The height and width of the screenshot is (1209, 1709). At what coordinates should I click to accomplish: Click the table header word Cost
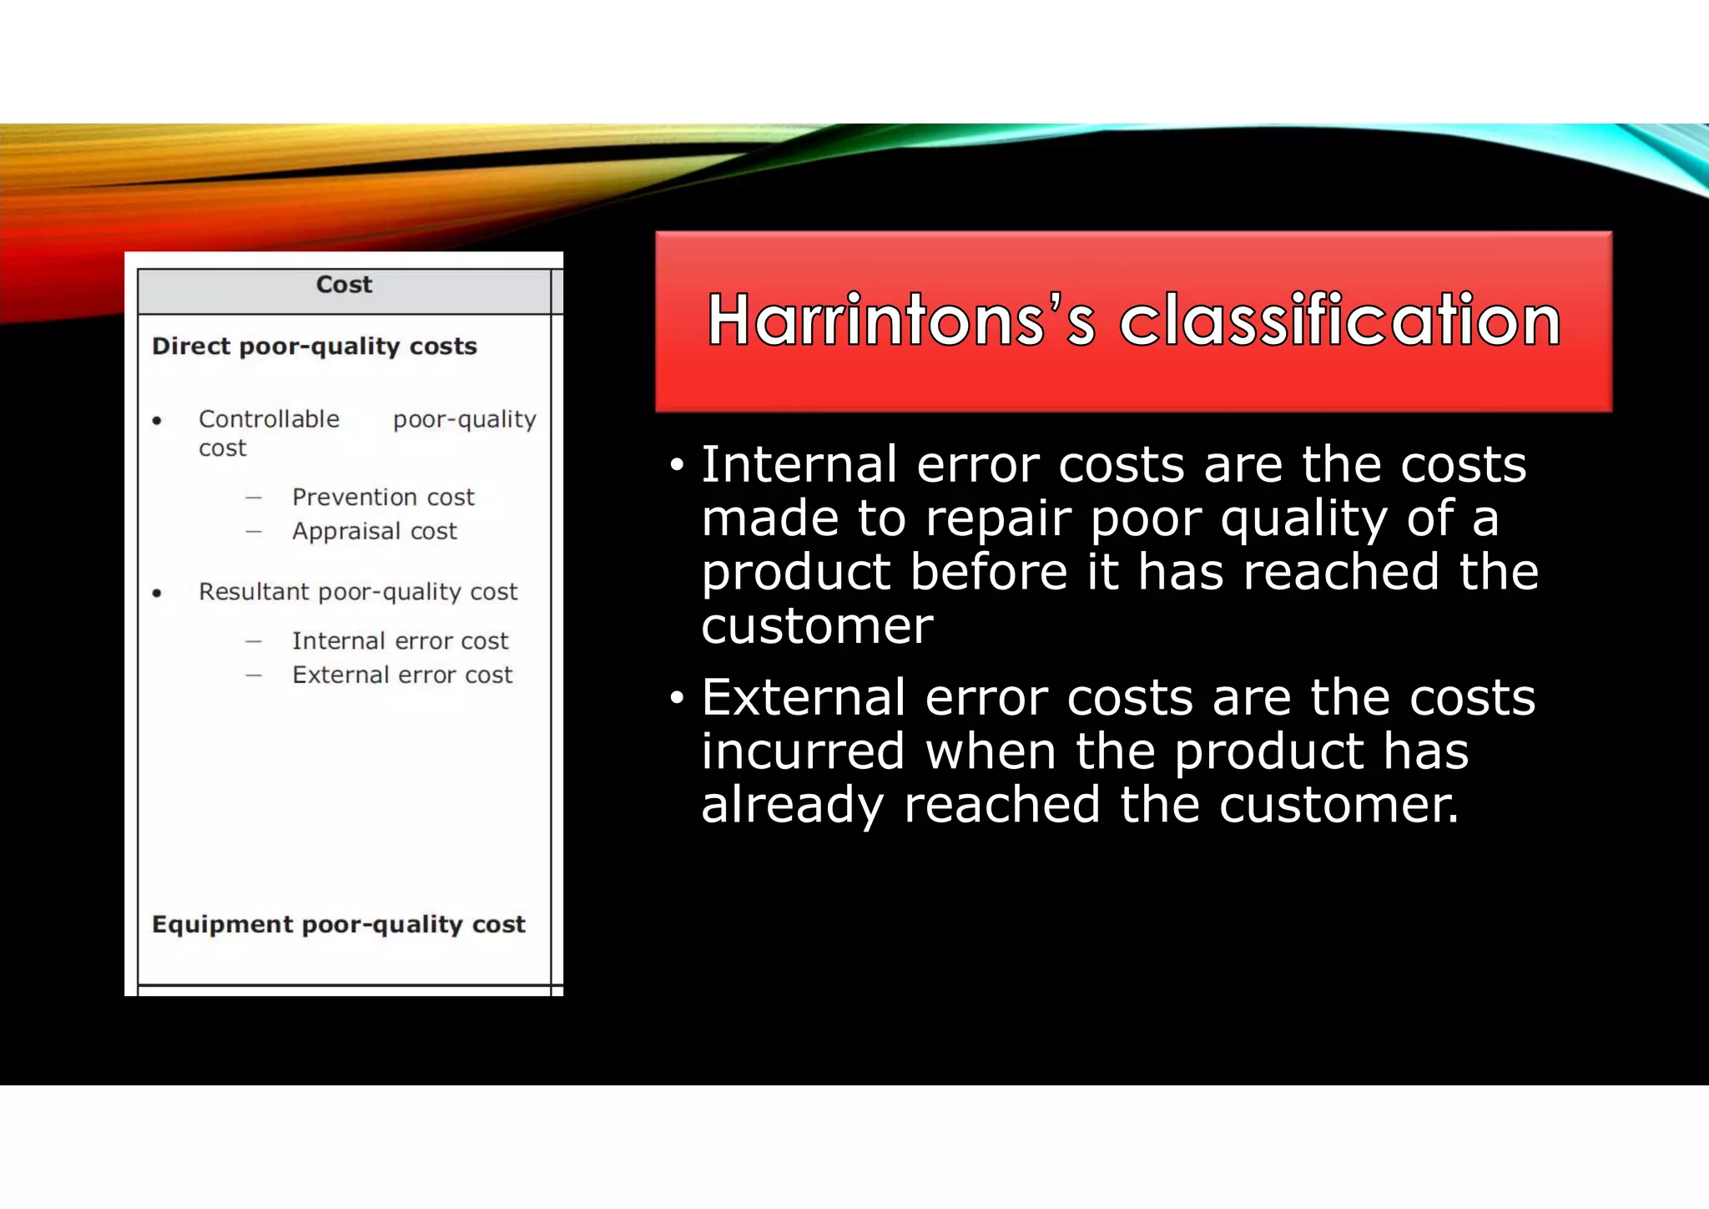[x=344, y=285]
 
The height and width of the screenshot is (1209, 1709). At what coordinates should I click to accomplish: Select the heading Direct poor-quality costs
[x=315, y=347]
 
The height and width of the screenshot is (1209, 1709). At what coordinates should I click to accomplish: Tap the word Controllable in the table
[x=269, y=419]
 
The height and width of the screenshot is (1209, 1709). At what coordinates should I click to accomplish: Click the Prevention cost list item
[x=383, y=498]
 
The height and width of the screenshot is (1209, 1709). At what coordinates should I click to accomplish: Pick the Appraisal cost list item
[x=375, y=532]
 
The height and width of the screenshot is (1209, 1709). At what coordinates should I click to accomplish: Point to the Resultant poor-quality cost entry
[x=358, y=592]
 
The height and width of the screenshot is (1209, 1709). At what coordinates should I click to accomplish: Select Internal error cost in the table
[x=400, y=641]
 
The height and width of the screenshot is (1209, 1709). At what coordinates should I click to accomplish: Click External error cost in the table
[x=402, y=675]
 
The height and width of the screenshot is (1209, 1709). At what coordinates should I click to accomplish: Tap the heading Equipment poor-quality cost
[x=339, y=924]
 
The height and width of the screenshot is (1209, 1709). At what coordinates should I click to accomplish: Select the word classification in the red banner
[x=1339, y=321]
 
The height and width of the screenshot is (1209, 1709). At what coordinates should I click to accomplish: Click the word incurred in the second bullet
[x=803, y=751]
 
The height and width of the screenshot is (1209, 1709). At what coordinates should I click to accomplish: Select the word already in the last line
[x=792, y=806]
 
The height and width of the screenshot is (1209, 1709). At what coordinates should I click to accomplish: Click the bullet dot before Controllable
[x=157, y=421]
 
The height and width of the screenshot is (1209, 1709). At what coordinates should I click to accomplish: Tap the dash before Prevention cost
[x=254, y=498]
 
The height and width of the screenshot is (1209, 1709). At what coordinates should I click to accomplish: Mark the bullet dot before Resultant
[x=157, y=594]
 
